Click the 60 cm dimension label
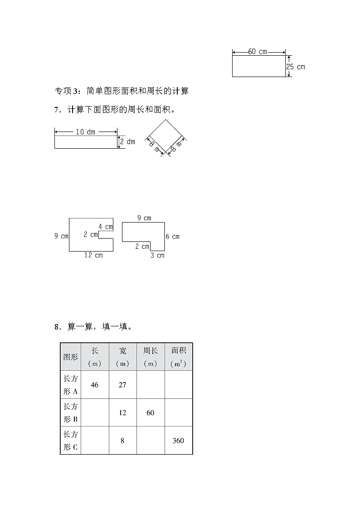coord(258,52)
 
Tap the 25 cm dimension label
coord(296,67)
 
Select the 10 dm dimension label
coord(85,132)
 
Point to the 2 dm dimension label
coord(127,142)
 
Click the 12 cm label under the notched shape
coord(93,255)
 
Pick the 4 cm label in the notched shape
coord(106,227)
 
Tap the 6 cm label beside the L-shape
coord(173,237)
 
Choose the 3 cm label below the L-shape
coord(157,256)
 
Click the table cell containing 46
coord(94,385)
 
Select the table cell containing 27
coord(122,385)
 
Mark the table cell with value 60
coord(150,413)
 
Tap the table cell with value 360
coord(178,441)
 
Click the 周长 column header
coord(150,357)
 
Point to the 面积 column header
coord(178,357)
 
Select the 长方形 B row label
coord(70,413)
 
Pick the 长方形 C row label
coord(70,441)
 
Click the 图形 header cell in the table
coord(70,357)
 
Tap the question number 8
coord(57,327)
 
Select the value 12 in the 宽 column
coord(122,413)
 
